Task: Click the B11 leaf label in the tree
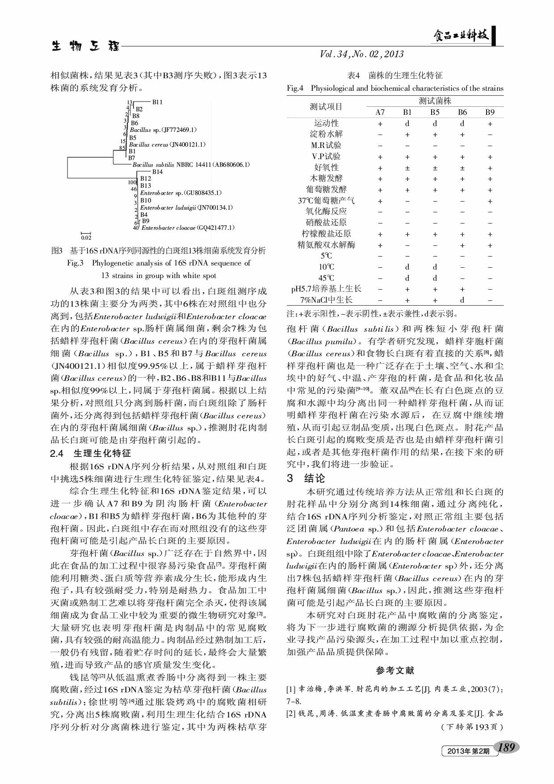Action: coord(157,102)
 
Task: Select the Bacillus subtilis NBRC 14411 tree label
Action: coord(191,164)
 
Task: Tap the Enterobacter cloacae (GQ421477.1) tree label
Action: coord(188,228)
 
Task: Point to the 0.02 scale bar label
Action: coord(86,237)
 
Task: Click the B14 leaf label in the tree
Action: coord(157,172)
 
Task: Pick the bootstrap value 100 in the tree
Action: coord(132,182)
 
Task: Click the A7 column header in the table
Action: coord(380,112)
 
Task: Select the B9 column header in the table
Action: coord(490,112)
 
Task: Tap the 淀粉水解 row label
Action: coord(326,134)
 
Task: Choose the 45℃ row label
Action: coord(326,278)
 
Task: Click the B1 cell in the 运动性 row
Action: coord(407,123)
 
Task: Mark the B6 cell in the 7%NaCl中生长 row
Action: coord(462,300)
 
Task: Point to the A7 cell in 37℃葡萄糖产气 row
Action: coord(380,201)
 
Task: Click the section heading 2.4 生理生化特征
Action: coord(91,453)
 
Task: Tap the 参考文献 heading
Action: coord(395,670)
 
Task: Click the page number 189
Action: coord(506,747)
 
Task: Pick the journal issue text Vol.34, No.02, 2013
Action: coord(361,54)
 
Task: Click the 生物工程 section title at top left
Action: coord(85,46)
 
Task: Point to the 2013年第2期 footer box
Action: coord(468,751)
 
